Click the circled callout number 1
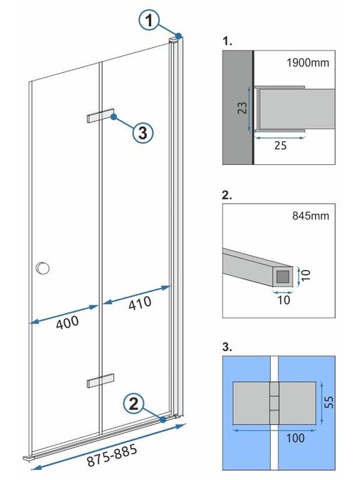click(149, 21)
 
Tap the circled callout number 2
click(134, 404)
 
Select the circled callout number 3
click(143, 133)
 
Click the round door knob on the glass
click(42, 268)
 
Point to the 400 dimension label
click(67, 322)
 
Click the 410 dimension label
click(140, 303)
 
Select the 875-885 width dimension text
click(112, 456)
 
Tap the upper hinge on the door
click(101, 116)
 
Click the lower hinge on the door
click(101, 381)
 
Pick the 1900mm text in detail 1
click(308, 62)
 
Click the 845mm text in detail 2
click(311, 216)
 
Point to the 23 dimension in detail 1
click(242, 107)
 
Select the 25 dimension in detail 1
click(281, 146)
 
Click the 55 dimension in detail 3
click(329, 402)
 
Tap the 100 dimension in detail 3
click(296, 438)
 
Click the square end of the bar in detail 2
click(282, 276)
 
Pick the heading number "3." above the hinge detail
click(227, 347)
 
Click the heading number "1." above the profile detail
click(227, 41)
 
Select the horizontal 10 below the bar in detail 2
click(284, 300)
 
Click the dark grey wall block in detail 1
click(237, 107)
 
